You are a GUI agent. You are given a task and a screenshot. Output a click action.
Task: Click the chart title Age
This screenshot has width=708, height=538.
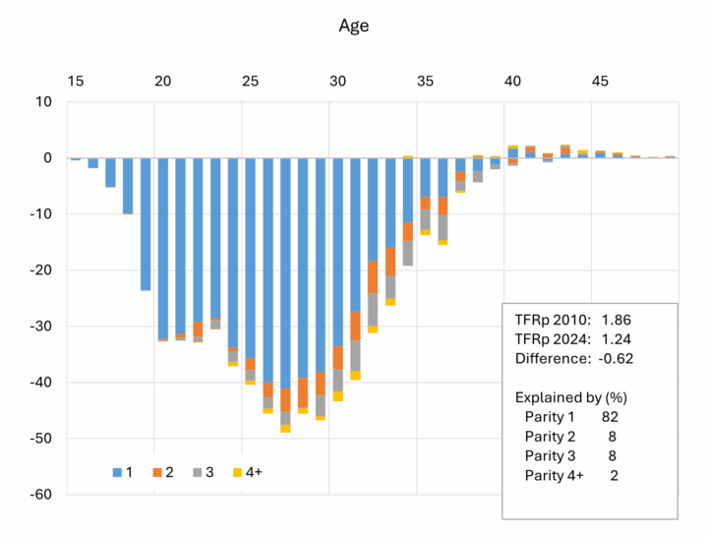click(353, 27)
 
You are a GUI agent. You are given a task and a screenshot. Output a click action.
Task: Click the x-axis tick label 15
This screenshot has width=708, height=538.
click(76, 81)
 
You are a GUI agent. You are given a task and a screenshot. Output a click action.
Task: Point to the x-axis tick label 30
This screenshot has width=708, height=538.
click(337, 81)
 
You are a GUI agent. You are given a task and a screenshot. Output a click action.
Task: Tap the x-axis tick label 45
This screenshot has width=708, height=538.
click(599, 81)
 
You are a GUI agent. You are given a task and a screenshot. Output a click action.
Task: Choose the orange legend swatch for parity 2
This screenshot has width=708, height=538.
click(156, 472)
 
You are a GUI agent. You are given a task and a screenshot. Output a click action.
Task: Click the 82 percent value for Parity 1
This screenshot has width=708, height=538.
click(610, 417)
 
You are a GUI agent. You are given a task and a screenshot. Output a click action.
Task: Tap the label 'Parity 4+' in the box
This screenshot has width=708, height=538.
click(554, 475)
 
